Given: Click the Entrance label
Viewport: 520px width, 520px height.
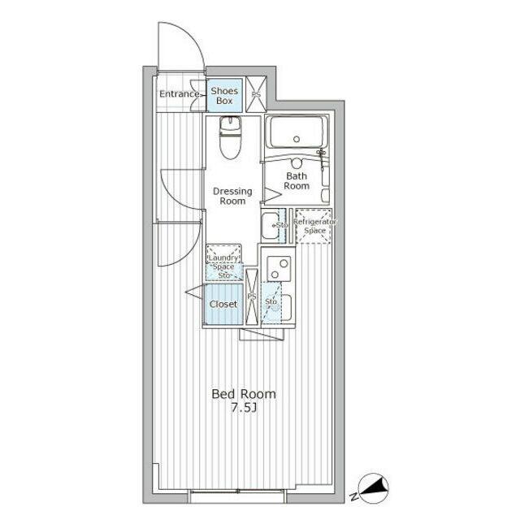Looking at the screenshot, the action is pos(179,94).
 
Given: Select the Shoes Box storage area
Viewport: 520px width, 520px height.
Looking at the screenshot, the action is pos(224,96).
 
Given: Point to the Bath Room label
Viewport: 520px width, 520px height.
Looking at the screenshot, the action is pos(297,180).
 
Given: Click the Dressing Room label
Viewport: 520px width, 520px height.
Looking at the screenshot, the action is pos(232,196).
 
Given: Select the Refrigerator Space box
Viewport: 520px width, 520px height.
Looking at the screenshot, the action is pos(314,226).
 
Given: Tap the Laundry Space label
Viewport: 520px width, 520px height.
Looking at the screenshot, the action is pos(223,262).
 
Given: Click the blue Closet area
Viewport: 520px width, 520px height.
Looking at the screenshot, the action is pos(223,304).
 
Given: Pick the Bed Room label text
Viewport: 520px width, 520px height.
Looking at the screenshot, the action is pos(244,394).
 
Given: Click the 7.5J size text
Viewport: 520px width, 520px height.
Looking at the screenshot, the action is pos(244,408).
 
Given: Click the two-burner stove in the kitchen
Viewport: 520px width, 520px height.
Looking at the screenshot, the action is pos(279,269).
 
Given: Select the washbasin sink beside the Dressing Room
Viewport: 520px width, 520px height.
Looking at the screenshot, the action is pos(271,226).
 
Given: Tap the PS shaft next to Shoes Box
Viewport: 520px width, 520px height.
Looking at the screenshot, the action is pos(256,94).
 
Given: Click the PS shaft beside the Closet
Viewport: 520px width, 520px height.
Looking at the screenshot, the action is pos(252,297).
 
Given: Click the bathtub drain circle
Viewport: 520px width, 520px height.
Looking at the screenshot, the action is pos(297,139).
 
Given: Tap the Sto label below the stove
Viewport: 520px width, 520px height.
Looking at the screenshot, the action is pos(271,301).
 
